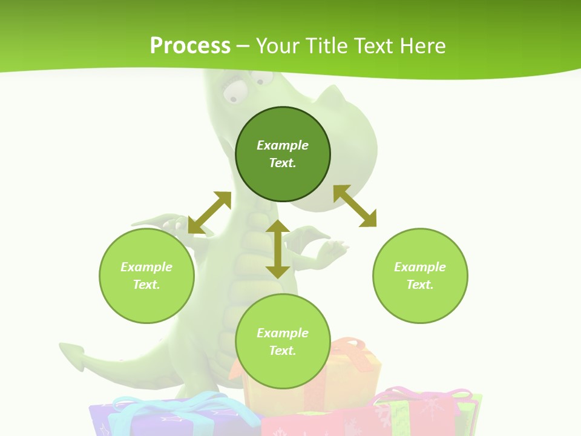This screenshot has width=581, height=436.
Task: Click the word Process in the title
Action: tap(190, 46)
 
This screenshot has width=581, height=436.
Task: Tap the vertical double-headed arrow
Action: tap(278, 249)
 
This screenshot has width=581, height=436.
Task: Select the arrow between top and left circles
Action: tap(209, 213)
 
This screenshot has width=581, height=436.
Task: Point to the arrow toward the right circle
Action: tap(355, 206)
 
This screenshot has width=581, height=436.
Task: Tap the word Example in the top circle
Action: tap(283, 145)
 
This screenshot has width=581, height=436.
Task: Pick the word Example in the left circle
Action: tap(146, 267)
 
